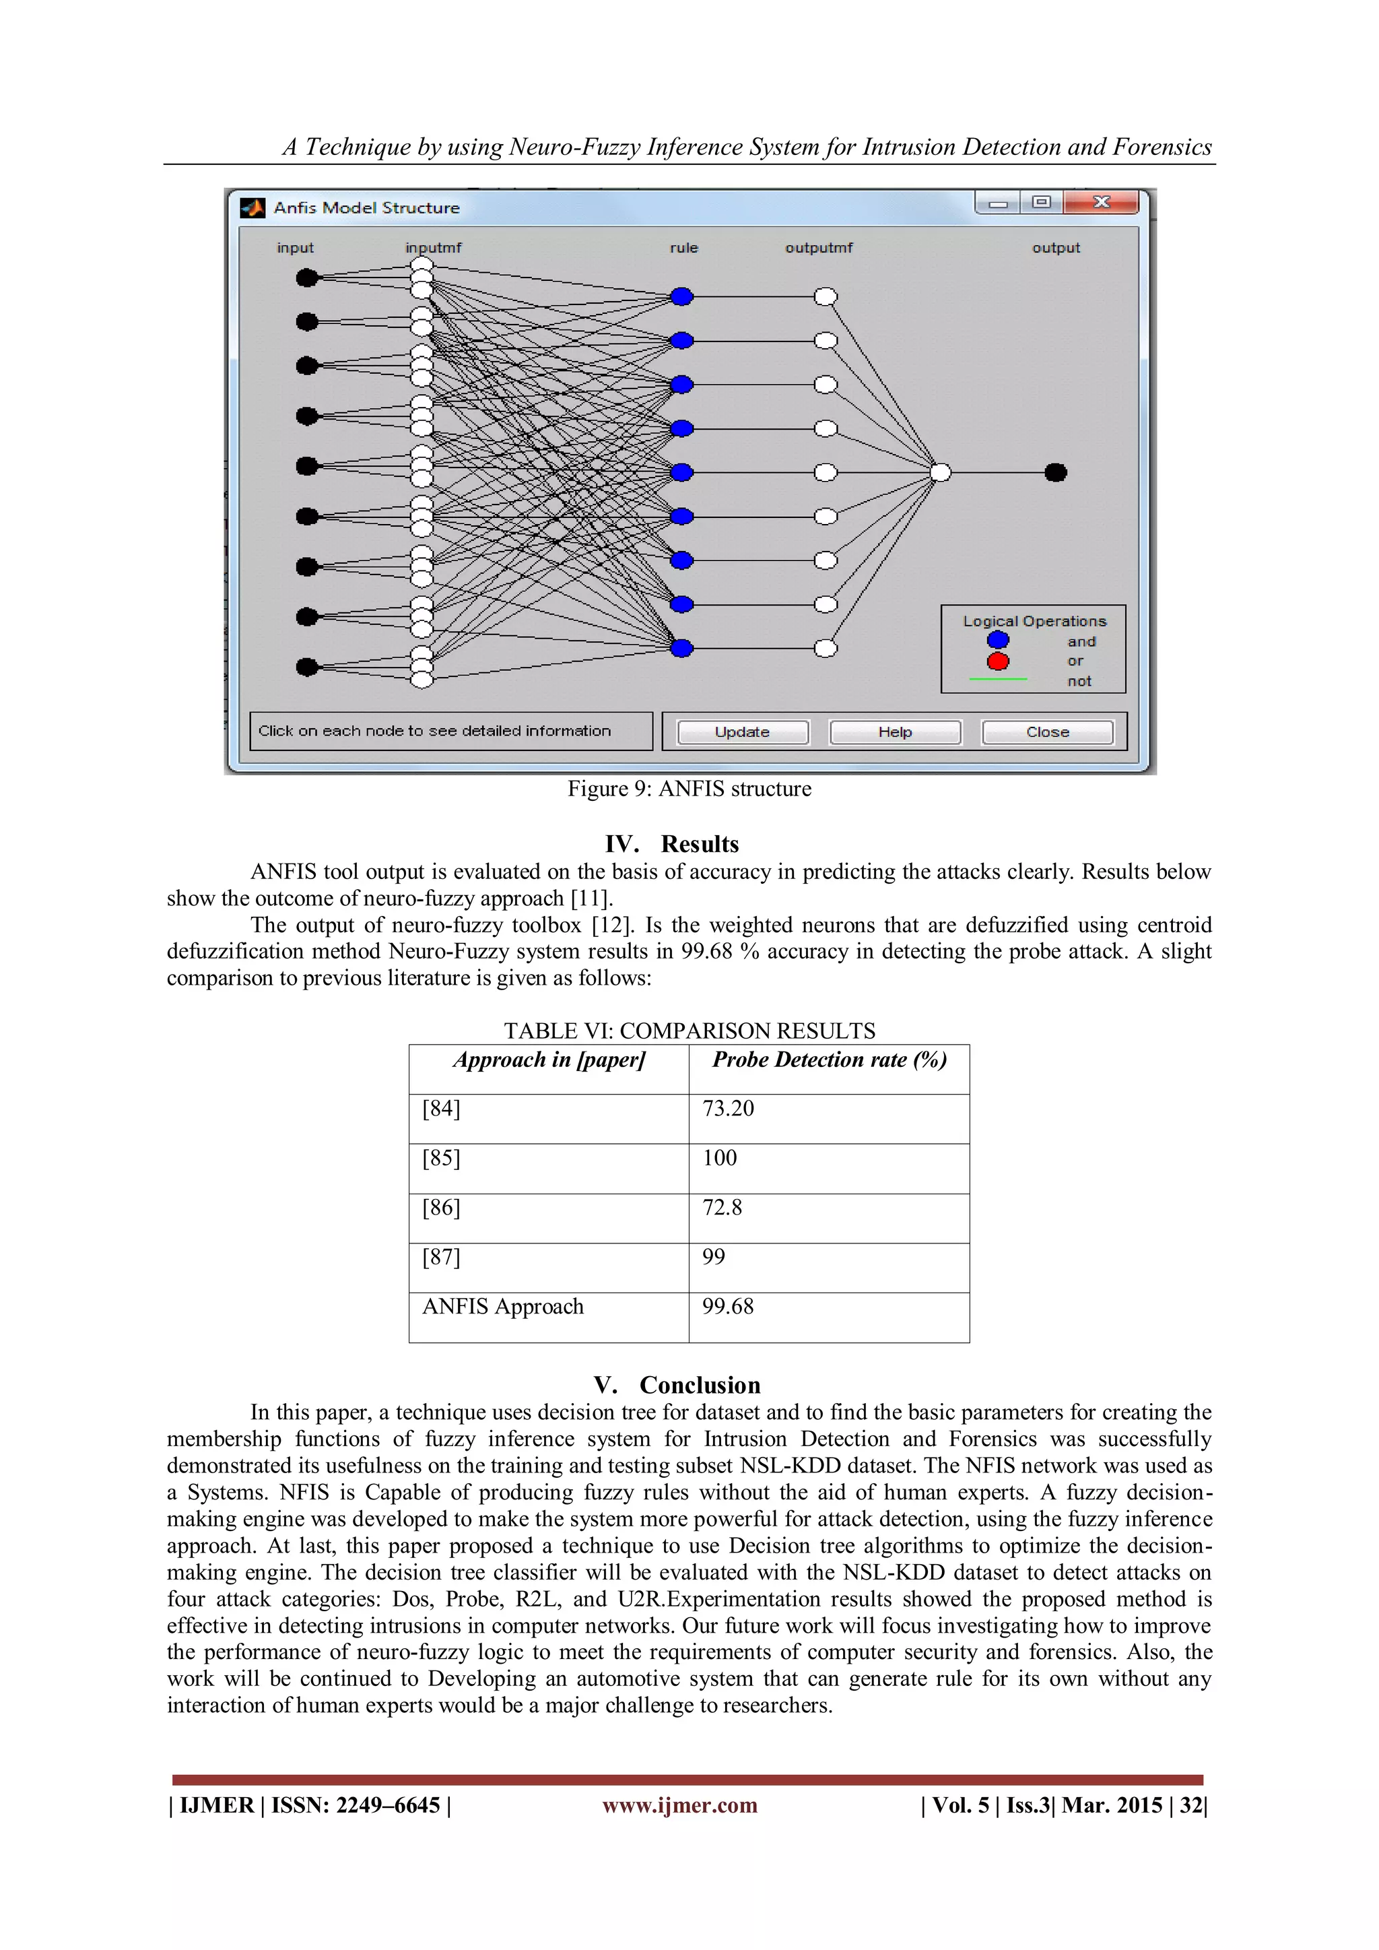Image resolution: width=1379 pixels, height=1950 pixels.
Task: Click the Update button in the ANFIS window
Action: coord(742,732)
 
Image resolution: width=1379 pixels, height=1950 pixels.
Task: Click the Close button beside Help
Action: coord(1047,732)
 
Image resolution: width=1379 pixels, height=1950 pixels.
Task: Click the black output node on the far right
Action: coord(1056,472)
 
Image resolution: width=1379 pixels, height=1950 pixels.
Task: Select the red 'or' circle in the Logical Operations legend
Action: coord(998,661)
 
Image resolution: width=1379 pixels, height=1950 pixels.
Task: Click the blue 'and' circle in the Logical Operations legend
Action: coord(998,641)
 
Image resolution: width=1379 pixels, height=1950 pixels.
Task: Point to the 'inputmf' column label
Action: coord(433,248)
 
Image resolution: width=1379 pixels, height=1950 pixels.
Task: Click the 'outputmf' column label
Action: coord(819,248)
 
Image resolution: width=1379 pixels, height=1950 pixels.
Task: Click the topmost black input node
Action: coord(306,278)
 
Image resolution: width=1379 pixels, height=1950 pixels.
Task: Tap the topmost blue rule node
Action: coord(682,296)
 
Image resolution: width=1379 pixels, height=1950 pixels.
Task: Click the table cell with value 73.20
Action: coord(728,1108)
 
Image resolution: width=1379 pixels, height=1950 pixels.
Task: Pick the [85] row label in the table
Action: coord(441,1159)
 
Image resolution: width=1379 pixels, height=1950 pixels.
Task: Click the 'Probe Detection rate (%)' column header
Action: coord(829,1060)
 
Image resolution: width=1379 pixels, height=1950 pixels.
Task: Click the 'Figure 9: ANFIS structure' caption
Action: coord(689,789)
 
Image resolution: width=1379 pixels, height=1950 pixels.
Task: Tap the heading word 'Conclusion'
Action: coord(700,1386)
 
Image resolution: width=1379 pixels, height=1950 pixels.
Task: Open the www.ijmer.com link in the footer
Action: coord(679,1806)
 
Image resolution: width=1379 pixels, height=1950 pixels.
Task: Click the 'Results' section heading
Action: coord(700,844)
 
